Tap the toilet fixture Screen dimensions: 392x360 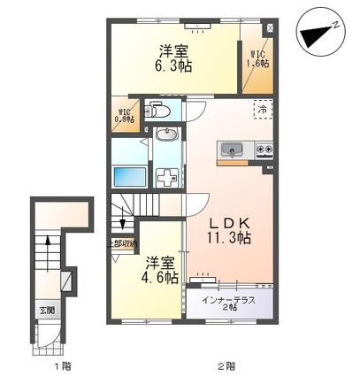(158, 111)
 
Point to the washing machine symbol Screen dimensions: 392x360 (167, 175)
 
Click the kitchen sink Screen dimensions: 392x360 (232, 148)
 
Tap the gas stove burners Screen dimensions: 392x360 (264, 149)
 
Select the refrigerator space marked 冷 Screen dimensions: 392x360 (263, 109)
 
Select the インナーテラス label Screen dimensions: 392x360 (229, 300)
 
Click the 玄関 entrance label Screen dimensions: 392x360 (46, 311)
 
